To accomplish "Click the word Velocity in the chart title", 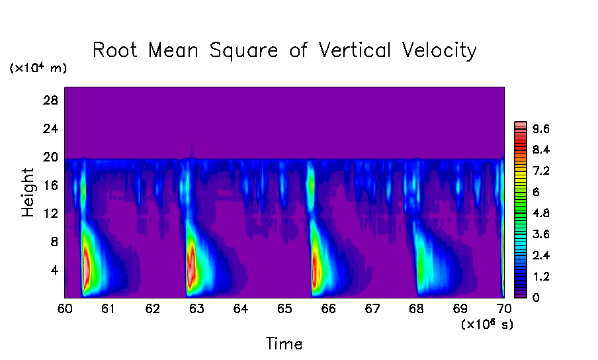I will point(434,51).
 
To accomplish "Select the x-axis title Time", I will point(284,344).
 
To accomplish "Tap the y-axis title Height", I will point(28,193).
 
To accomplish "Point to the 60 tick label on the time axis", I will point(65,309).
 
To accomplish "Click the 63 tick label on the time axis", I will point(196,309).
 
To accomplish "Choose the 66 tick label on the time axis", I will point(328,309).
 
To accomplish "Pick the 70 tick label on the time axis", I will point(504,309).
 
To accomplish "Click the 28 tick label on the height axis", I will point(51,101).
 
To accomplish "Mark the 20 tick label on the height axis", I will point(51,157).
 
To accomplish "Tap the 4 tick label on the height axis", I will point(54,270).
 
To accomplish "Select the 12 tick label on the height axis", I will point(51,214).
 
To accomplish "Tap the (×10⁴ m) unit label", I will point(38,68).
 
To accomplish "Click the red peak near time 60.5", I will point(86,265).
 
